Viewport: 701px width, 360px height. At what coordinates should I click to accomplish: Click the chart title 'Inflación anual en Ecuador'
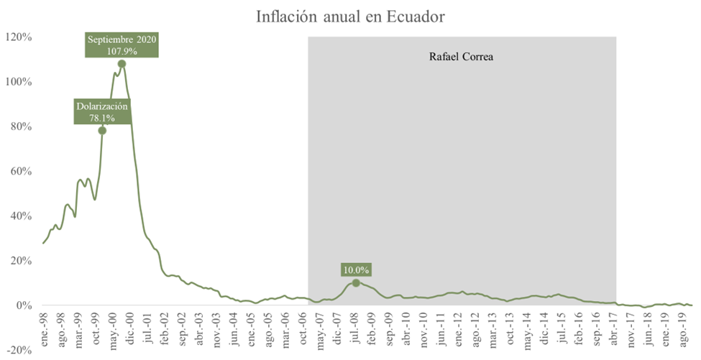[350, 15]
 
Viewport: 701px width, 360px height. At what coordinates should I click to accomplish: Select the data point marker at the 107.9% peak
[122, 63]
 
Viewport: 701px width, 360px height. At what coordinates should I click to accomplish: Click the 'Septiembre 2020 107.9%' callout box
[122, 45]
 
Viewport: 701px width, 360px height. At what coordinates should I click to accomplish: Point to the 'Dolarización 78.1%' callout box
[102, 111]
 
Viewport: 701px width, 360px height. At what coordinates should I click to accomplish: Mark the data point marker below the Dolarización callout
[102, 130]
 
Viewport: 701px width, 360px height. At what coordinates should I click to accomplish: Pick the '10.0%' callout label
[356, 269]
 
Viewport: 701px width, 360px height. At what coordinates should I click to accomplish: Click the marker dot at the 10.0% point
[356, 283]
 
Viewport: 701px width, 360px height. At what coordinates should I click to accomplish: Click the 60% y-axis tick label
[19, 171]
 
